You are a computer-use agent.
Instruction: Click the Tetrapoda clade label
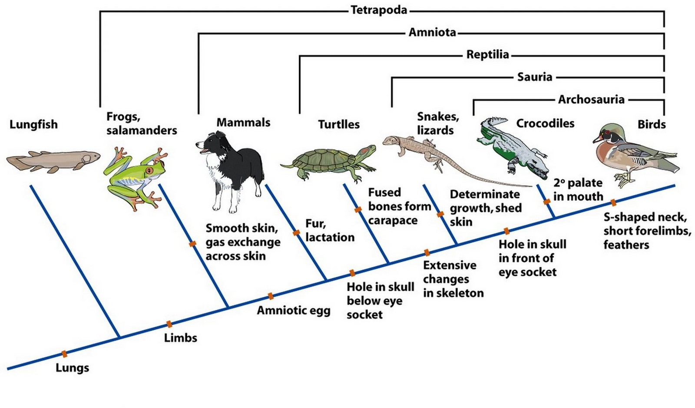click(x=379, y=10)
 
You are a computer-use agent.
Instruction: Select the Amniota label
click(x=432, y=32)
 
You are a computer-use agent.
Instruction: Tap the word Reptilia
click(x=487, y=55)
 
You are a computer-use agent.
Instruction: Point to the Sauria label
click(x=534, y=77)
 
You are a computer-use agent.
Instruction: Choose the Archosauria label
click(x=591, y=100)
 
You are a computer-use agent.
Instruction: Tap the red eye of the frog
click(x=150, y=170)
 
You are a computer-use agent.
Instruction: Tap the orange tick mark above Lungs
click(x=64, y=354)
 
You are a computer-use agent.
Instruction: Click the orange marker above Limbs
click(x=169, y=324)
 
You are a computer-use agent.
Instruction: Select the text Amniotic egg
click(x=293, y=311)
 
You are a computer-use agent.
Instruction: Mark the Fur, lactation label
click(x=329, y=230)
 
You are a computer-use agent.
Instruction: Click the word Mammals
click(x=243, y=123)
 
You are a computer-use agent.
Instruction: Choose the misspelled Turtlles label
click(x=339, y=125)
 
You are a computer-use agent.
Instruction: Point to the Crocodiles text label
click(x=545, y=123)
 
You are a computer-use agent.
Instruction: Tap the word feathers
click(x=626, y=245)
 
